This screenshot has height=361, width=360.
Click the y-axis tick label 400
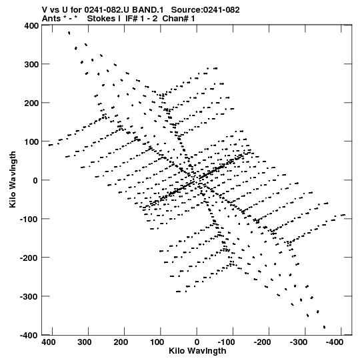[x=31, y=25]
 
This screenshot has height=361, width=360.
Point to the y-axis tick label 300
[x=31, y=65]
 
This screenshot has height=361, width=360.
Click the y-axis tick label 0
[x=35, y=180]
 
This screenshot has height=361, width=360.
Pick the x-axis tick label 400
[x=48, y=342]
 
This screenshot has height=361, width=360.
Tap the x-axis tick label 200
[x=121, y=342]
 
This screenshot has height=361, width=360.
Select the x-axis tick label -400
[x=334, y=342]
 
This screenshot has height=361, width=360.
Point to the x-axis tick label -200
[x=262, y=342]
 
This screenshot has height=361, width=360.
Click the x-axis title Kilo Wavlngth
[x=197, y=351]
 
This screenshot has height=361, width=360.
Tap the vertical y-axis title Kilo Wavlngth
[x=13, y=179]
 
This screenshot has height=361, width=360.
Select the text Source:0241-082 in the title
[x=205, y=9]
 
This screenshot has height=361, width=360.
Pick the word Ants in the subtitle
[x=51, y=19]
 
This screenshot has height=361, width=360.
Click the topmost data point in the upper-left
[x=69, y=33]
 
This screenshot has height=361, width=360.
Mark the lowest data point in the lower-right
[x=325, y=327]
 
